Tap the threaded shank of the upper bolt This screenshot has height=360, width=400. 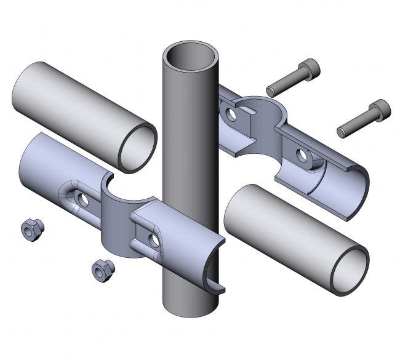pos(286,81)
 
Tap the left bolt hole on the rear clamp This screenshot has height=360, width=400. pos(231,114)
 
